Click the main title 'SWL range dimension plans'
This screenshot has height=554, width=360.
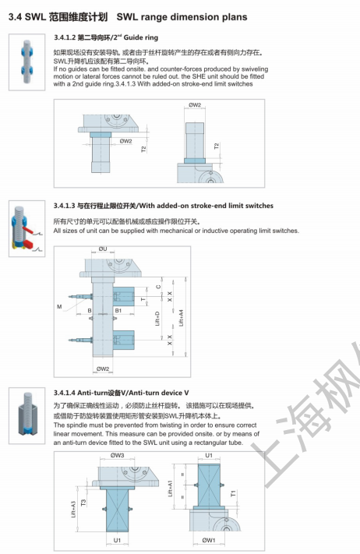(x=182, y=17)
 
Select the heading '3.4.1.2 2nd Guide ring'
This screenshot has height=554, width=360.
(x=106, y=37)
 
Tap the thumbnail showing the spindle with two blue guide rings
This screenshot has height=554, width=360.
(x=26, y=62)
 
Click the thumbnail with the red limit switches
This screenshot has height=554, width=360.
(x=26, y=228)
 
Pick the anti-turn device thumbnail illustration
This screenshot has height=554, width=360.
(x=26, y=415)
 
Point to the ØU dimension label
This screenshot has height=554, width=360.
(x=102, y=249)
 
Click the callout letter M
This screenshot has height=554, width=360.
(x=59, y=307)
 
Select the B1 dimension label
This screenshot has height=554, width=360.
(x=118, y=311)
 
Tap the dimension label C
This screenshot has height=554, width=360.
(x=158, y=287)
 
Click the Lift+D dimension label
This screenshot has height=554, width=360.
(x=157, y=319)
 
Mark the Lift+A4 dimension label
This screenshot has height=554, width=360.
(x=182, y=318)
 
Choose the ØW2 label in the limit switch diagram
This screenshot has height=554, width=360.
(x=103, y=369)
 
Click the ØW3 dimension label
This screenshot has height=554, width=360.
(x=118, y=455)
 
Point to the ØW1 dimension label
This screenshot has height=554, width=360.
(x=209, y=540)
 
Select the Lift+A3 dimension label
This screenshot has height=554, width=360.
(x=74, y=509)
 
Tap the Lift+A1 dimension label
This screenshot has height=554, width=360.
(x=170, y=489)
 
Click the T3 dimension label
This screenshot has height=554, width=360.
(x=83, y=503)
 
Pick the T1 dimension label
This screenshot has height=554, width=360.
(x=233, y=493)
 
